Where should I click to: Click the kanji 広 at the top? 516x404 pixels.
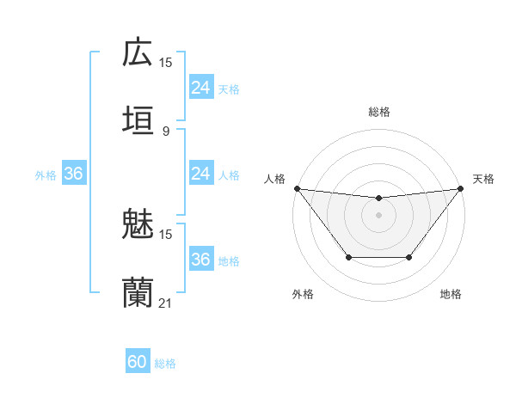[138, 52]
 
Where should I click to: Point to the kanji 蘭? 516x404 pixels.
[138, 291]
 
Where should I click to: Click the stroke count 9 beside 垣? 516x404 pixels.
[166, 131]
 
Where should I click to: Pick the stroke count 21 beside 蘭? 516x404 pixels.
[166, 303]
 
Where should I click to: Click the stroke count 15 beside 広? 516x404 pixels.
[166, 63]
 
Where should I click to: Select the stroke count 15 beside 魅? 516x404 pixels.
[166, 234]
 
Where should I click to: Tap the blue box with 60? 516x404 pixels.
[138, 362]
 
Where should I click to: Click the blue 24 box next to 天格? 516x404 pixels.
[200, 88]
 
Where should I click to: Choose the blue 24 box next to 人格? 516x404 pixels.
[200, 174]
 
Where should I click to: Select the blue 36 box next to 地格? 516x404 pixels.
[200, 260]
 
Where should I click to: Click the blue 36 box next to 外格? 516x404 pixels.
[74, 174]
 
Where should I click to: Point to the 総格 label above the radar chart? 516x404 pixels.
[379, 112]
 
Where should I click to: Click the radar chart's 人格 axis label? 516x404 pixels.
[274, 179]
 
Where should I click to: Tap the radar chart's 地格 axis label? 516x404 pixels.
[451, 294]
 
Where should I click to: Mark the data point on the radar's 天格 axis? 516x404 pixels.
[461, 188]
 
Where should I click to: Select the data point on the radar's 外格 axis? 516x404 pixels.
[348, 257]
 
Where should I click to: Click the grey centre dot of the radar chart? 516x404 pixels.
[379, 215]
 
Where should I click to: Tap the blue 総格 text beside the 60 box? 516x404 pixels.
[165, 364]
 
